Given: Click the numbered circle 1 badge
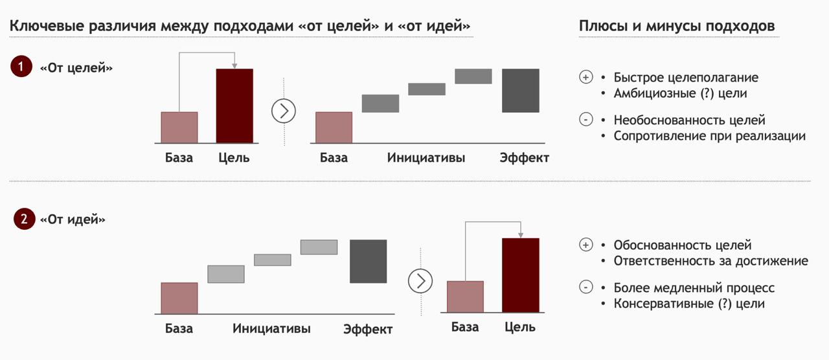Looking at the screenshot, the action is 21,66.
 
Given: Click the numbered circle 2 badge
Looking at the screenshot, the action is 24,219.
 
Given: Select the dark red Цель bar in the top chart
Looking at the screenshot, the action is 234,106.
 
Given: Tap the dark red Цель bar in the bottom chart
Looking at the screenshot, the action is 521,275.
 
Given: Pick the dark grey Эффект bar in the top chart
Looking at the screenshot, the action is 521,91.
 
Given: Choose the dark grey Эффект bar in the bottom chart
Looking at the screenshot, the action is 369,261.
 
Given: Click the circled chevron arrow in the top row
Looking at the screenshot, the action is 284,111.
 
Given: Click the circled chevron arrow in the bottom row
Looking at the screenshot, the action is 420,281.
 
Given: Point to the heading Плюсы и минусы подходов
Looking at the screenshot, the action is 677,26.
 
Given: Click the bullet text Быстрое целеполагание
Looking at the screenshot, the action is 686,77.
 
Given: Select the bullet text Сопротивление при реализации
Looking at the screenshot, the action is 709,136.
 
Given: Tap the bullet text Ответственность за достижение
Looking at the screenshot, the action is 711,261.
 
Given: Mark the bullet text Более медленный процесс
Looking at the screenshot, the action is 694,287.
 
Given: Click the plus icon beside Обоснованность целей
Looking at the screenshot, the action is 586,245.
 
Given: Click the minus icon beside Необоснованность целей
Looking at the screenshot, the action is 586,119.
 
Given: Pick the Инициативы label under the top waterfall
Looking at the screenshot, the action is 426,158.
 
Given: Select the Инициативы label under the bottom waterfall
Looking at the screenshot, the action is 271,328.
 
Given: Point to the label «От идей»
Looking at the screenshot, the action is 73,219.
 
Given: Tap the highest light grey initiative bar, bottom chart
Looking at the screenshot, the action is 319,247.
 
